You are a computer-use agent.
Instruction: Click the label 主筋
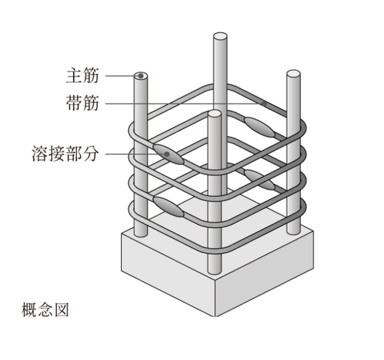tap(83, 75)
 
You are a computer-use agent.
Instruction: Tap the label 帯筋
tap(83, 103)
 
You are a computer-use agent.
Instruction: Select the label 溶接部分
tap(65, 154)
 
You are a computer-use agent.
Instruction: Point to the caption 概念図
tap(45, 310)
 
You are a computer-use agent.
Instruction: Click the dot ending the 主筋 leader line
tap(141, 76)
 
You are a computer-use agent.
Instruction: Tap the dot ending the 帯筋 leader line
tap(264, 104)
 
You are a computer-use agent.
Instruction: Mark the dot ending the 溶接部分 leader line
tap(167, 154)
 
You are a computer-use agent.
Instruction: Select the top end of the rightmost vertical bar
tap(293, 73)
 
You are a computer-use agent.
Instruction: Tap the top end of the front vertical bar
tap(214, 114)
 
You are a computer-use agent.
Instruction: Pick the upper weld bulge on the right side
tap(259, 127)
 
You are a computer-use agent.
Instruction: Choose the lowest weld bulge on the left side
tap(168, 207)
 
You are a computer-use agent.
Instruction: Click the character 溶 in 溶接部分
tap(40, 154)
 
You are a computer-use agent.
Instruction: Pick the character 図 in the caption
tap(61, 310)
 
